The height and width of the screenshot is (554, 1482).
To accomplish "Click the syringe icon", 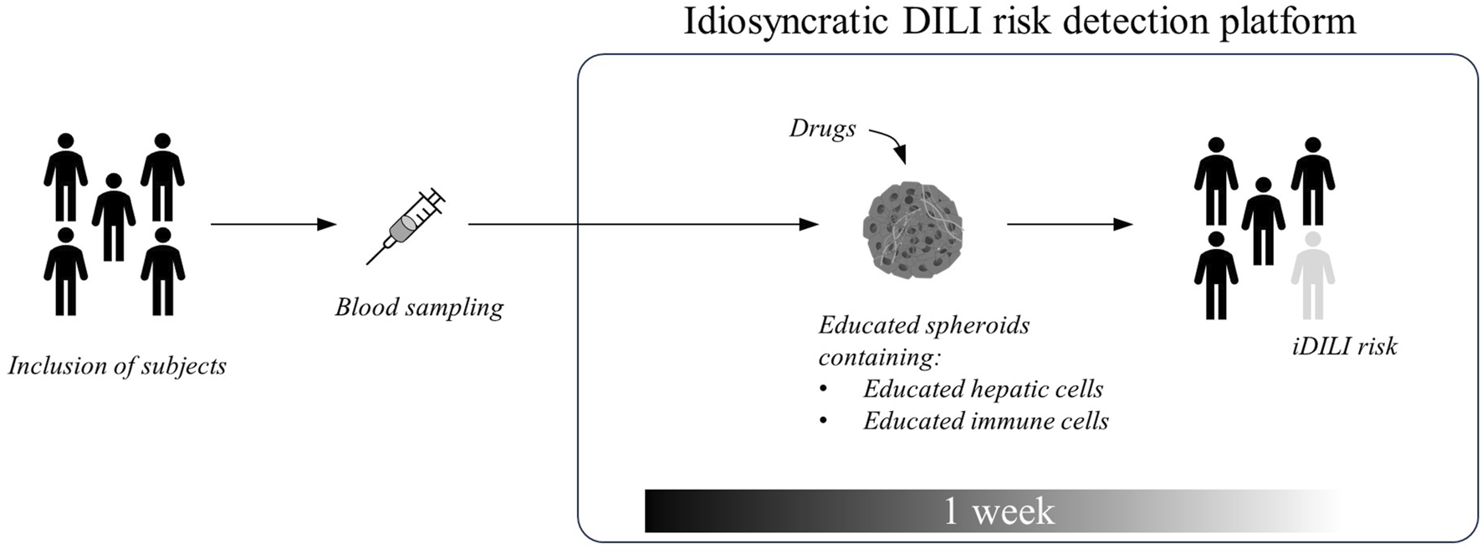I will [x=405, y=226].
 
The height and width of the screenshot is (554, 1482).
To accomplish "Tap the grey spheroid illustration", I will [x=912, y=226].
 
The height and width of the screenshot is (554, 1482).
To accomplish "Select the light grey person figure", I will [x=1312, y=276].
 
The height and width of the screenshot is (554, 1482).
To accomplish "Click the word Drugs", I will [x=822, y=129].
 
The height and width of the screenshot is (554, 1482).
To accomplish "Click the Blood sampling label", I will [x=419, y=307].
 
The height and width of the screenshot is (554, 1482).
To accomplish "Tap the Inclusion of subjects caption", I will [x=117, y=366].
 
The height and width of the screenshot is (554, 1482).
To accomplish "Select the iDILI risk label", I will [x=1344, y=346].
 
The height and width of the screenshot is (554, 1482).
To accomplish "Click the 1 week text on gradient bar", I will [x=999, y=511].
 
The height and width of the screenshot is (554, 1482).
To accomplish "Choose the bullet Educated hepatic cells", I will [x=983, y=389].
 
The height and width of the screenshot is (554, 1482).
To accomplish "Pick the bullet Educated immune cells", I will [x=985, y=420].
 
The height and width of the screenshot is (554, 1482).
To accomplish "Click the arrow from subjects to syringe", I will [x=273, y=224].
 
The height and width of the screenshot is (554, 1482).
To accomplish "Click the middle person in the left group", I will [x=114, y=217].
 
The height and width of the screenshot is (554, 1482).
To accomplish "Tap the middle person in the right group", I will [x=1263, y=221].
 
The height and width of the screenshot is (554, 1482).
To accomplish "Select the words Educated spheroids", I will [x=923, y=325].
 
